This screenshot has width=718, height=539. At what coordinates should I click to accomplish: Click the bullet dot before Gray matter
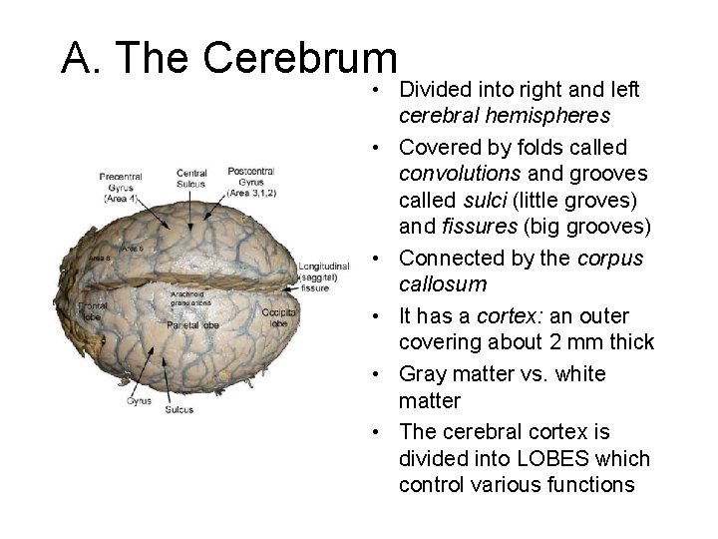point(384,374)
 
